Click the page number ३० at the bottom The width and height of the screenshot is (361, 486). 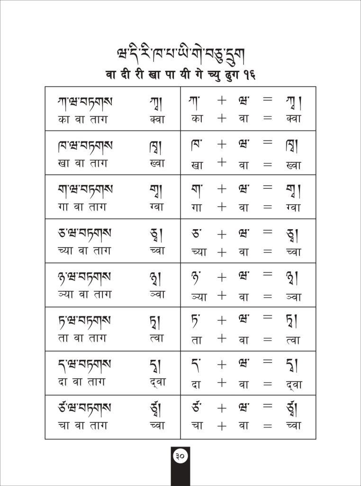tap(180, 456)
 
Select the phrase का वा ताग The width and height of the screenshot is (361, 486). tap(82, 119)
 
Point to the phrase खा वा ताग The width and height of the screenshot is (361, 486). tap(82, 163)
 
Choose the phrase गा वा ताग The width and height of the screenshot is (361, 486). tap(82, 207)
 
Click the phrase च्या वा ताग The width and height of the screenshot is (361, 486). tap(82, 251)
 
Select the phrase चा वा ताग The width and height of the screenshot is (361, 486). tap(82, 426)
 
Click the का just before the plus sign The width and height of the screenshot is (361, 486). tap(197, 119)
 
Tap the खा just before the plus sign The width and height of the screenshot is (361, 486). tap(197, 165)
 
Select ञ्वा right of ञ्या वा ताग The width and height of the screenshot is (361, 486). tap(156, 294)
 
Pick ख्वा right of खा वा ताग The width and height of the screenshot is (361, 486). tap(156, 163)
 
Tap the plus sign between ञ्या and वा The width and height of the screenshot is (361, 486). tap(222, 295)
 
